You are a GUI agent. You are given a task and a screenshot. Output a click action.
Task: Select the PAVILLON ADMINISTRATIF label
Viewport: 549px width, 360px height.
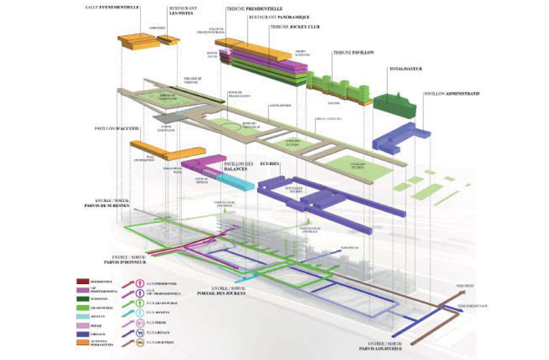(x=451, y=94)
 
